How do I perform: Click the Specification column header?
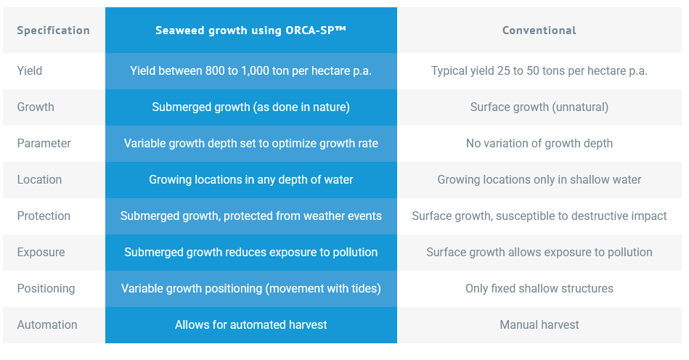[53, 30]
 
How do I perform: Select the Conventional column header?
[539, 30]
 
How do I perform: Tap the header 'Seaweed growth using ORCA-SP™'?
[250, 30]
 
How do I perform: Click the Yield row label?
[30, 71]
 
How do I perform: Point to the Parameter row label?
[44, 144]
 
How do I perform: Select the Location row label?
[39, 180]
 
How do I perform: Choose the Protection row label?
[44, 216]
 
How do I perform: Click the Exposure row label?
[41, 253]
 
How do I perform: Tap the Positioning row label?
[46, 289]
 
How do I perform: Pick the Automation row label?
[46, 325]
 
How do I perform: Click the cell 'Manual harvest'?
[539, 325]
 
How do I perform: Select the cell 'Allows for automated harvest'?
[250, 325]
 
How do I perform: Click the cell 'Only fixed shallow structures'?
[539, 289]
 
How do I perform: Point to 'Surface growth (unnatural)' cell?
[539, 107]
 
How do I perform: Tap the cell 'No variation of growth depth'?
[539, 144]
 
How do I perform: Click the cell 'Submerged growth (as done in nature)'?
[250, 107]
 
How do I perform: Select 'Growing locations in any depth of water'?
[250, 180]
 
